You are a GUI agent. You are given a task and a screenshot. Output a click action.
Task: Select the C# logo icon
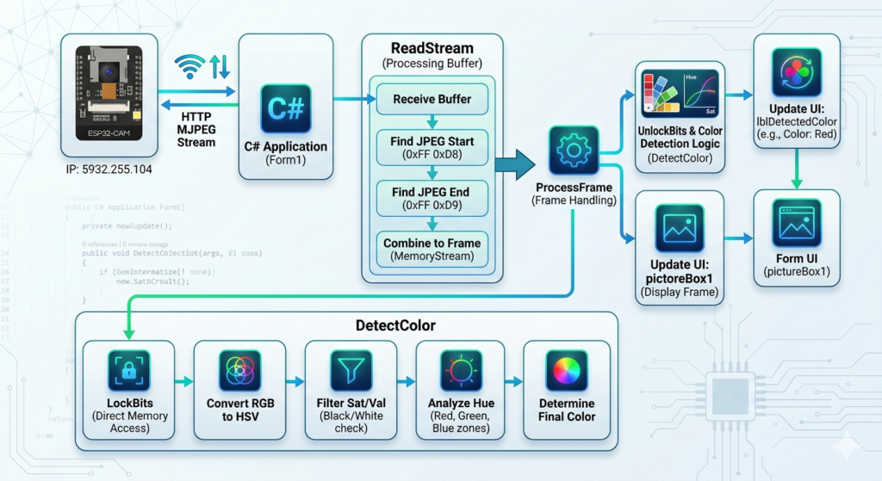click(285, 109)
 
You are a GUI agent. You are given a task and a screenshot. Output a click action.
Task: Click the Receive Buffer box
click(432, 99)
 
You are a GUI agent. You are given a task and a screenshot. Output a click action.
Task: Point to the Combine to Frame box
click(432, 249)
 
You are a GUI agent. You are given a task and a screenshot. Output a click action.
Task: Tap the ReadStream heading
click(432, 48)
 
